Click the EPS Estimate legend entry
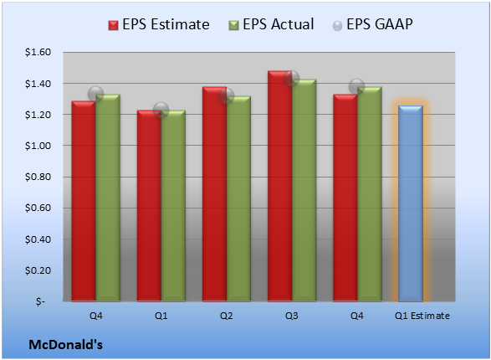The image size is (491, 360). [x=159, y=24]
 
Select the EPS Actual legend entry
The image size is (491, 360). [x=271, y=24]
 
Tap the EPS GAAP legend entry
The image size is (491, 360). [x=372, y=24]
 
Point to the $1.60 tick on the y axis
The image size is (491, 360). [x=38, y=52]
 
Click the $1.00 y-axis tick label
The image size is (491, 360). [x=38, y=146]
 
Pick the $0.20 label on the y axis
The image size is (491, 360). [x=38, y=270]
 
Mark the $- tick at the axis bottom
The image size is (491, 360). [x=40, y=301]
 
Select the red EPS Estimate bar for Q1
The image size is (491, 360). [x=149, y=206]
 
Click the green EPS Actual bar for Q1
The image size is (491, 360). [x=173, y=206]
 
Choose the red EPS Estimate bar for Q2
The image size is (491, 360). [x=214, y=194]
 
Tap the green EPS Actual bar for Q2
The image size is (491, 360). [x=238, y=198]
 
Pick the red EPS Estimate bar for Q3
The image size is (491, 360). [x=280, y=186]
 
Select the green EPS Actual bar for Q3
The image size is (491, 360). [x=304, y=190]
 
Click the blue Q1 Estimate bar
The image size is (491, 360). [x=411, y=203]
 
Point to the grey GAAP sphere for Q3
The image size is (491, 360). [x=292, y=78]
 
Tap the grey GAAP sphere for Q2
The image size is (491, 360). [x=226, y=96]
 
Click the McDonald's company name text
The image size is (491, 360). [x=66, y=345]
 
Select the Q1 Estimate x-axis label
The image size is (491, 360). [x=422, y=316]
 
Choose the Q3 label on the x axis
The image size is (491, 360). [x=292, y=316]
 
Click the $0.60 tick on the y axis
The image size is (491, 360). [x=38, y=208]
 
